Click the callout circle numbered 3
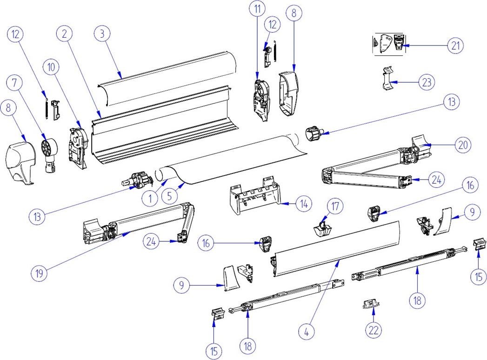[102, 33]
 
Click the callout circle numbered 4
[307, 333]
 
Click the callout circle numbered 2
[65, 33]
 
